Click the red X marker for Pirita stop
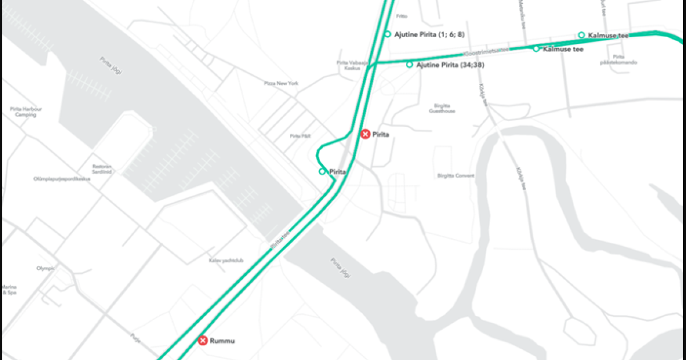[365, 134]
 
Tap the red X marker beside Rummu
[202, 341]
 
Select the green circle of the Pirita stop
[322, 171]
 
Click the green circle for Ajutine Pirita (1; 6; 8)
[388, 34]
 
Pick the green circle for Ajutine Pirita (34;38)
[409, 65]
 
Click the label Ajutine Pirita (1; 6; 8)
[429, 35]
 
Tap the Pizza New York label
[281, 83]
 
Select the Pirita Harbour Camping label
[26, 111]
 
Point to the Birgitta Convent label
[456, 175]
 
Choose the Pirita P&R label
[300, 136]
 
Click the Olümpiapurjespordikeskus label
[62, 179]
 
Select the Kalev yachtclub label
[226, 261]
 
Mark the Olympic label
[45, 268]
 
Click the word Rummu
[222, 341]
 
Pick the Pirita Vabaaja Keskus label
[349, 65]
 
